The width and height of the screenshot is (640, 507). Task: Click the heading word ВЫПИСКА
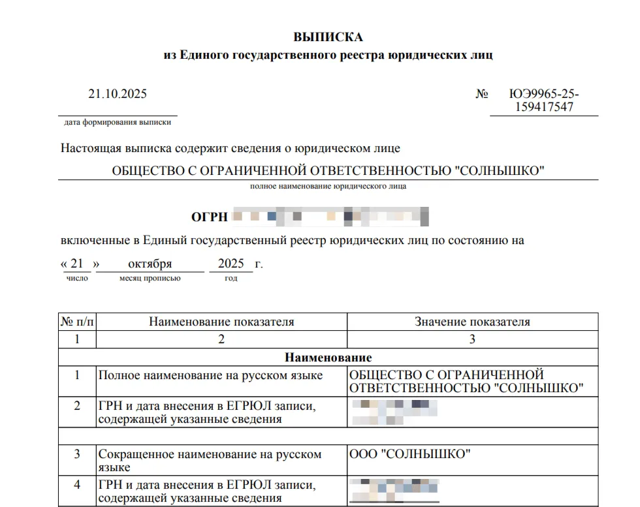point(328,37)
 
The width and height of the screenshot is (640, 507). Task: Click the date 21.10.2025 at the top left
point(118,94)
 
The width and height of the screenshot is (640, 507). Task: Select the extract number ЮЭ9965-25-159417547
point(543,100)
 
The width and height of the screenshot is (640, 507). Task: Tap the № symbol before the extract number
point(482,94)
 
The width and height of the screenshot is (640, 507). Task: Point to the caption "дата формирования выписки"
point(118,123)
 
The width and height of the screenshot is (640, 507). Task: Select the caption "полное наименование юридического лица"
point(328,187)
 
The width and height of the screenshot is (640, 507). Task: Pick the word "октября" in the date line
point(150,264)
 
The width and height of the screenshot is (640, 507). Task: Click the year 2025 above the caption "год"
point(231,264)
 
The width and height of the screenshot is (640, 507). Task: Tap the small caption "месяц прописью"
point(150,279)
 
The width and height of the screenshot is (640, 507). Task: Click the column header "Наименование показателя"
point(221,322)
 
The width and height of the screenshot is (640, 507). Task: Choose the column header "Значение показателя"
point(472,322)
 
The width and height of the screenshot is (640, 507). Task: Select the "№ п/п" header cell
point(77,322)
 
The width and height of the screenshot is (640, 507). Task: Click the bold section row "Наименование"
point(328,358)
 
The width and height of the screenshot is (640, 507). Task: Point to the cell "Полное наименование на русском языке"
point(210,375)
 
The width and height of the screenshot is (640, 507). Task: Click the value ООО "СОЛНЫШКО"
point(410,454)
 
